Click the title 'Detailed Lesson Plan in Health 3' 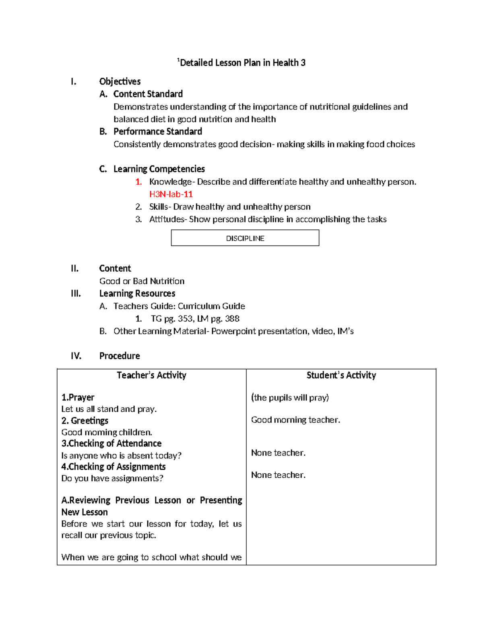[x=242, y=63]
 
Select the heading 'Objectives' [x=120, y=82]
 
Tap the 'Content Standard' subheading [x=148, y=94]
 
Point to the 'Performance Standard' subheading [x=157, y=132]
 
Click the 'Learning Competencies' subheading [x=159, y=169]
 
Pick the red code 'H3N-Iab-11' [x=171, y=194]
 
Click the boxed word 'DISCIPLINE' [x=245, y=238]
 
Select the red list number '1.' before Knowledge [x=138, y=182]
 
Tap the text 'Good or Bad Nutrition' [x=142, y=281]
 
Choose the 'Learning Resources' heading [x=137, y=293]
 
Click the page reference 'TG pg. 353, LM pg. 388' [x=195, y=319]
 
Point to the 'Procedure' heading [x=120, y=356]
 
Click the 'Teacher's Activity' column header [x=151, y=375]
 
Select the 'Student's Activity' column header [x=341, y=375]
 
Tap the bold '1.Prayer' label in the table [x=78, y=398]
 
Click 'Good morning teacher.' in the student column [x=295, y=420]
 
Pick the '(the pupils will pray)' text [x=290, y=398]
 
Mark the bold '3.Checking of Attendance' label [x=111, y=443]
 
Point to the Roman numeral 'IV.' [x=76, y=356]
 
